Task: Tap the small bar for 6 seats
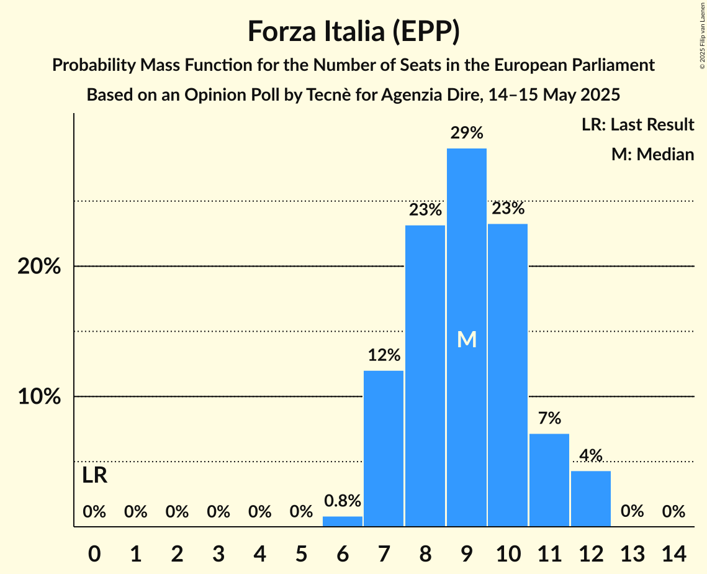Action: [343, 522]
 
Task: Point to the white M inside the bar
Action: [467, 339]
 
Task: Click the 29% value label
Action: [467, 133]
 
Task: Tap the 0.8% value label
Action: [343, 501]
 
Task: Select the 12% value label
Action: [384, 355]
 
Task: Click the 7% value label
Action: [549, 418]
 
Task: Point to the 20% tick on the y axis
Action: [39, 266]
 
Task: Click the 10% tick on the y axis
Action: [39, 397]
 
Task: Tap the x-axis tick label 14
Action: [673, 552]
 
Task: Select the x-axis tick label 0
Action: [94, 552]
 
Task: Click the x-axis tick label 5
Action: [301, 552]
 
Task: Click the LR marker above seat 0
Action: [94, 476]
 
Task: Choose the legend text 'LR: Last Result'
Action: [637, 125]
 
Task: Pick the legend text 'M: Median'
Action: [652, 154]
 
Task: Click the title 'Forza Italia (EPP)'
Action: [353, 32]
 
